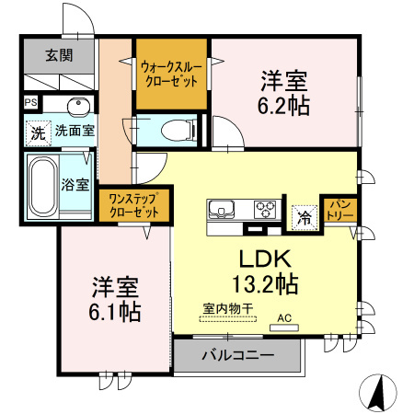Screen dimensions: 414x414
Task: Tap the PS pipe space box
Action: pos(31,102)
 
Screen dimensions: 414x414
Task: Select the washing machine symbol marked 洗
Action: pos(38,132)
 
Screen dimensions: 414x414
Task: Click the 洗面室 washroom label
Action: pos(74,131)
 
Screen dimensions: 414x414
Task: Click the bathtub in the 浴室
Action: pos(41,183)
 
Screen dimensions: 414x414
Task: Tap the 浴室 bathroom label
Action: pos(75,184)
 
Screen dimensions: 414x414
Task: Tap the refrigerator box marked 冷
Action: pos(302,218)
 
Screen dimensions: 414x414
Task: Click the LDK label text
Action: pos(268,257)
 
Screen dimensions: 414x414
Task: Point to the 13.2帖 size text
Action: pos(268,282)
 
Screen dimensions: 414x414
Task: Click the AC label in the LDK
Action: pos(283,321)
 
